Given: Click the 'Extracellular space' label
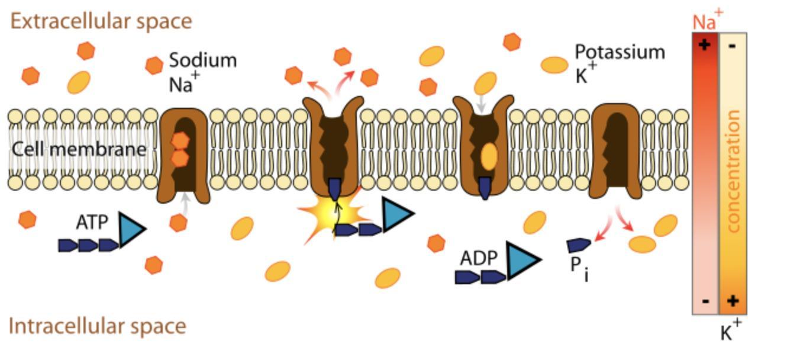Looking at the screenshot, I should tap(101, 21).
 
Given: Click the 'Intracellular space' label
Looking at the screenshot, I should tap(98, 326).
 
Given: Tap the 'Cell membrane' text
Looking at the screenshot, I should tap(79, 149).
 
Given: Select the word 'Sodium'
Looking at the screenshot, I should tap(203, 60).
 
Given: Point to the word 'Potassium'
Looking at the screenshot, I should tap(620, 52).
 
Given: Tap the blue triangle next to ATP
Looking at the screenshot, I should tap(131, 228).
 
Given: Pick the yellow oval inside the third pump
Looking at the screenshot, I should tap(489, 156).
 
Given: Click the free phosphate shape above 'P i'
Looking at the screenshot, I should tap(578, 245).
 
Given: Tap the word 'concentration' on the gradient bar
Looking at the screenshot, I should tap(733, 172).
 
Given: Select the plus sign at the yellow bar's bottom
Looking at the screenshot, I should tap(733, 301).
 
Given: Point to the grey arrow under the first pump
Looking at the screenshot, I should tap(186, 202).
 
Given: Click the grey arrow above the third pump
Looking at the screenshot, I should tap(482, 104).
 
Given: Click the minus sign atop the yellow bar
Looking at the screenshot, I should tap(733, 46).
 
